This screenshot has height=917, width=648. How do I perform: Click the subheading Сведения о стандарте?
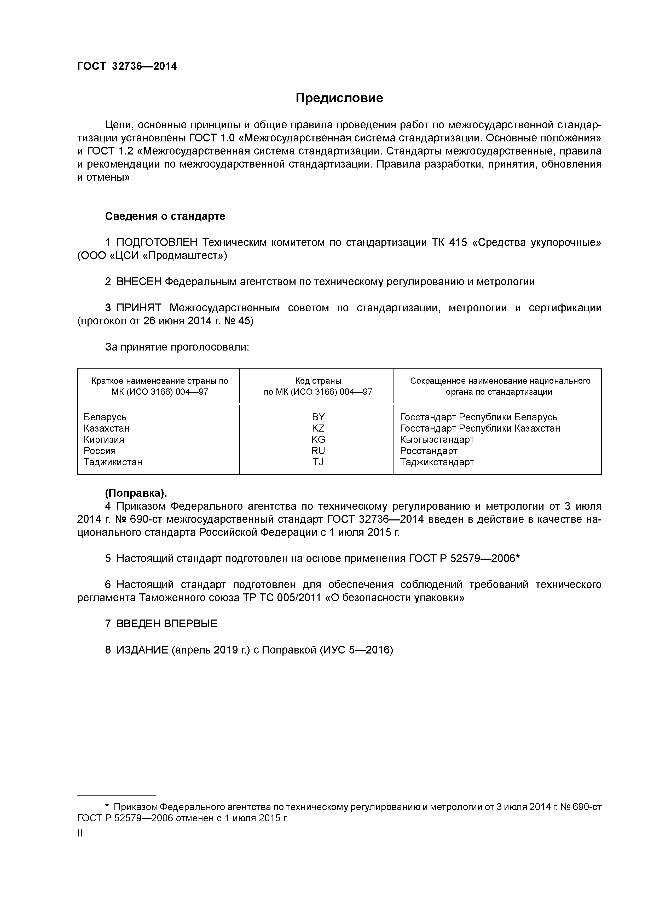click(x=165, y=216)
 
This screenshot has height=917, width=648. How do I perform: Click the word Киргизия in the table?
click(x=104, y=439)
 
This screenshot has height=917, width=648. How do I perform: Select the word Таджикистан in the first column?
click(x=113, y=462)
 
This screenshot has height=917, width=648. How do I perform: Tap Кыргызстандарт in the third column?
click(x=437, y=439)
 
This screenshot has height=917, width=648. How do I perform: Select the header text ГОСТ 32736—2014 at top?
click(x=127, y=66)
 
